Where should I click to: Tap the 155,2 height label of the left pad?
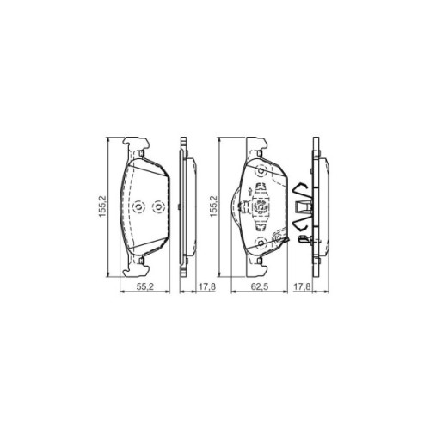[x=101, y=208]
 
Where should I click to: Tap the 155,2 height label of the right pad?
[x=214, y=208]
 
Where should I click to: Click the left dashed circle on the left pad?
[x=137, y=207]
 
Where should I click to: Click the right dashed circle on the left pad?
[x=157, y=207]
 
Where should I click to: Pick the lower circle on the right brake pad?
[x=261, y=244]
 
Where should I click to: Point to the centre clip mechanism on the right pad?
[x=259, y=207]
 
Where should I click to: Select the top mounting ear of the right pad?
[x=256, y=144]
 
